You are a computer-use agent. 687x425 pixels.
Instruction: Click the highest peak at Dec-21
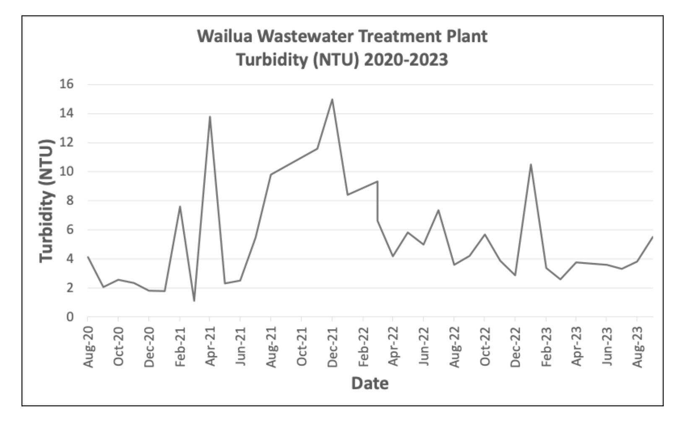pos(332,99)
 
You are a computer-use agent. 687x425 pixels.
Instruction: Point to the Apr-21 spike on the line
pos(210,117)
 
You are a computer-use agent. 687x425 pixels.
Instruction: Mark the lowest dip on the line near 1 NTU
pos(194,301)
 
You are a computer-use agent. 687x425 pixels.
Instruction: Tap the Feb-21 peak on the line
pos(180,206)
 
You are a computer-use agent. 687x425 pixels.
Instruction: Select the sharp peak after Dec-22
pos(531,164)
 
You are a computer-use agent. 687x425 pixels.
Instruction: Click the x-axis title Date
pos(370,383)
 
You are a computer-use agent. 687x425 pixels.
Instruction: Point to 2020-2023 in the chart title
pos(406,60)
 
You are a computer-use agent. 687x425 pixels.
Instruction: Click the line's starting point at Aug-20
pos(88,257)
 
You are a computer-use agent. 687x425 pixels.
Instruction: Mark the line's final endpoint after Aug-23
pos(653,237)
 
